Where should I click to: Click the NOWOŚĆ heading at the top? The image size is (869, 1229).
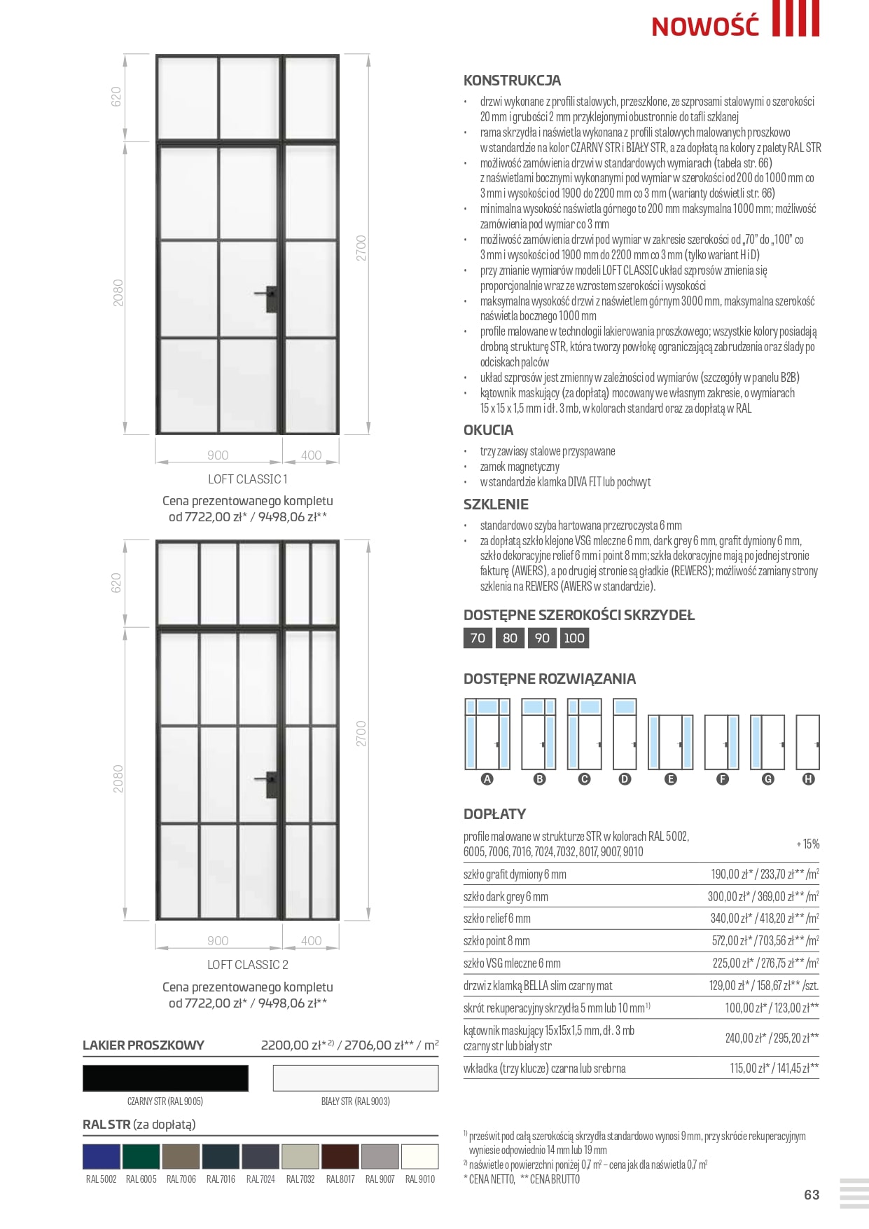(x=704, y=26)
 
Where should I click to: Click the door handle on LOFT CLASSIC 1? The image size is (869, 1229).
(x=269, y=297)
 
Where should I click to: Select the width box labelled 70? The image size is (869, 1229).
(x=478, y=638)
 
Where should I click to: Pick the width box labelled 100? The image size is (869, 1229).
(x=574, y=638)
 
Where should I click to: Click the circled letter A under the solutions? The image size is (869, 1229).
(x=487, y=779)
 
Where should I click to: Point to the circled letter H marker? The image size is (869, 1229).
(x=808, y=779)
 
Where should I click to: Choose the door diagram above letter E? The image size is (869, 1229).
(x=670, y=742)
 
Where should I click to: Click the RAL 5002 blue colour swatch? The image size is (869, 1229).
(x=102, y=1156)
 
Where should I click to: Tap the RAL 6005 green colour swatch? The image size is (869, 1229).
(x=141, y=1156)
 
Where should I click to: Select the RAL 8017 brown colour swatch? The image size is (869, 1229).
(x=340, y=1156)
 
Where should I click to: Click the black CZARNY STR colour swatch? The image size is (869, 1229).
(x=165, y=1078)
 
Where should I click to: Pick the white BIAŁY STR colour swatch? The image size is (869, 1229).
(x=356, y=1078)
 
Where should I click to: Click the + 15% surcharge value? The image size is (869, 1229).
(x=807, y=844)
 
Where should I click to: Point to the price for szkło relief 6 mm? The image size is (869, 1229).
(x=764, y=918)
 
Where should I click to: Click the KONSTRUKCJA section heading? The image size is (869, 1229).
(x=512, y=81)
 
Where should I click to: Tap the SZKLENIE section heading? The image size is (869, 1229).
(x=496, y=504)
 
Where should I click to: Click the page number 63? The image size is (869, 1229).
(x=812, y=1195)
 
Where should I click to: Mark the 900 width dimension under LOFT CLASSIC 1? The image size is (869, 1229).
(x=218, y=455)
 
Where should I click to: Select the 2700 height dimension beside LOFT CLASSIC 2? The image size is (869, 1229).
(x=361, y=734)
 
